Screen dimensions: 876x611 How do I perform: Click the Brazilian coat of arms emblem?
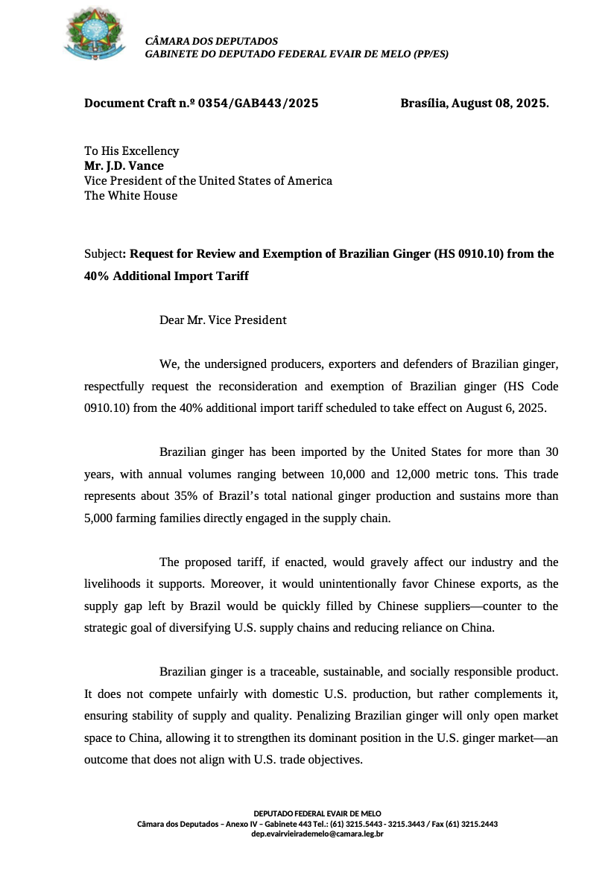pyautogui.click(x=94, y=34)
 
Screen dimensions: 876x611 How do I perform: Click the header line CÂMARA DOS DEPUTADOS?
pyautogui.click(x=212, y=42)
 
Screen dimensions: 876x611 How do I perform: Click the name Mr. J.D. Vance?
pyautogui.click(x=124, y=166)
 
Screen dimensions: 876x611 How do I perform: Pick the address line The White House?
pyautogui.click(x=130, y=196)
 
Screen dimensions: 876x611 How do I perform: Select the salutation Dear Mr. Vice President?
pyautogui.click(x=223, y=320)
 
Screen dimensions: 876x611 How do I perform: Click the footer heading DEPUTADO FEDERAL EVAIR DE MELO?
pyautogui.click(x=317, y=814)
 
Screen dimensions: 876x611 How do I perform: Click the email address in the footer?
pyautogui.click(x=317, y=834)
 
